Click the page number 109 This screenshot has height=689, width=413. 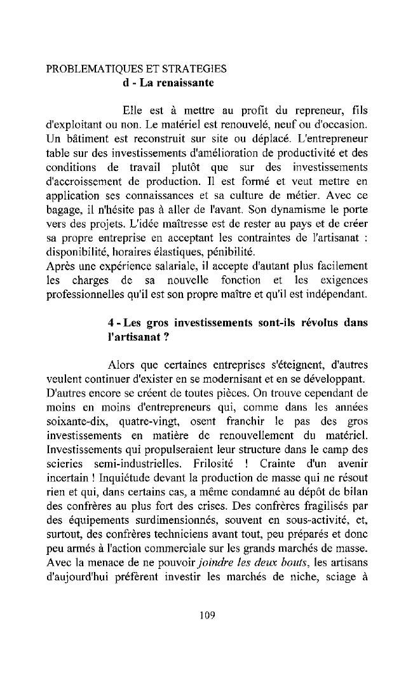click(x=207, y=614)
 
